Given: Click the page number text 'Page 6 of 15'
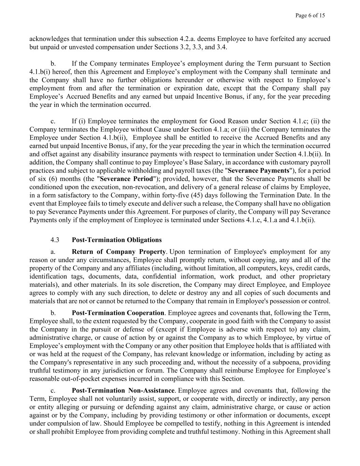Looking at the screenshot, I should tap(310, 15).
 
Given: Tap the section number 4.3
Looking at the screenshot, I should tap(55, 240).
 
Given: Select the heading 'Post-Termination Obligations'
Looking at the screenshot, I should tap(117, 240).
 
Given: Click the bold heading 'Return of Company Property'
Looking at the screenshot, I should tap(119, 252).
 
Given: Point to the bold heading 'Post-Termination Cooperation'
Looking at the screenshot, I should tap(118, 313).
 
